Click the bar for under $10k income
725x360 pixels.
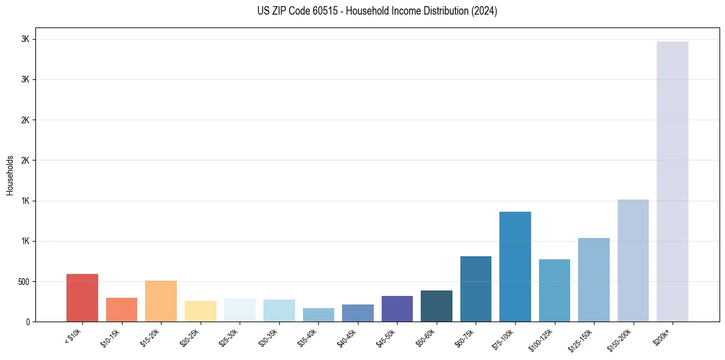(82, 298)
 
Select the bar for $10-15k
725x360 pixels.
(121, 310)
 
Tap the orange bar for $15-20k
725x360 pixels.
(161, 301)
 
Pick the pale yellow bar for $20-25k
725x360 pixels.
(200, 311)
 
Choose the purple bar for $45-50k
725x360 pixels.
(397, 309)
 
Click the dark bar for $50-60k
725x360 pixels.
(437, 306)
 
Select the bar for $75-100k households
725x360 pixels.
(515, 267)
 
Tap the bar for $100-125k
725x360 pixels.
(554, 290)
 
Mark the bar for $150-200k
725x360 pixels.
(633, 261)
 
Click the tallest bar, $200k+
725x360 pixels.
(673, 182)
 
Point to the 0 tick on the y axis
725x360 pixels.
(28, 322)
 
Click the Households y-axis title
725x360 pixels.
(10, 175)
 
